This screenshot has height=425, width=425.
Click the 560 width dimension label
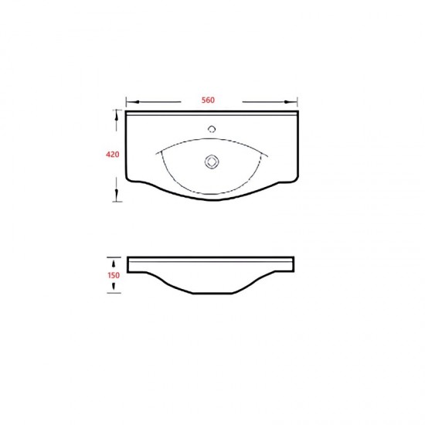[208, 100]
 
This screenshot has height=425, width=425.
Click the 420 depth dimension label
[113, 155]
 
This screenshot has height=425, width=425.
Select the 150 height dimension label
[114, 275]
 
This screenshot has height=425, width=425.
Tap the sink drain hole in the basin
[212, 161]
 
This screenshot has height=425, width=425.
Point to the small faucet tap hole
[212, 129]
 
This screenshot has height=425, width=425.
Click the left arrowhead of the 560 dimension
[136, 102]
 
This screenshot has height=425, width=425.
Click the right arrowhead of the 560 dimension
[287, 102]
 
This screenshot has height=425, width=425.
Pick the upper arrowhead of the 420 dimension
[117, 117]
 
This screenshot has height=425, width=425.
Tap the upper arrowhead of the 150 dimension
[114, 263]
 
